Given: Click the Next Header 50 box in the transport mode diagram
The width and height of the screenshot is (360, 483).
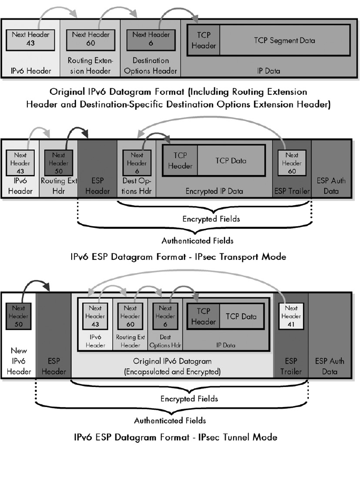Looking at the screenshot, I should pyautogui.click(x=58, y=163).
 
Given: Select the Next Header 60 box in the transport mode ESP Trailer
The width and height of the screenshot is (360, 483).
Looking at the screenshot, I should pyautogui.click(x=291, y=163).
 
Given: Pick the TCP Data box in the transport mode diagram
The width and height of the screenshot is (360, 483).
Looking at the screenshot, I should pyautogui.click(x=230, y=161).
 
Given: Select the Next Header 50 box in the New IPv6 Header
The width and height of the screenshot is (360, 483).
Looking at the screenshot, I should pyautogui.click(x=17, y=315).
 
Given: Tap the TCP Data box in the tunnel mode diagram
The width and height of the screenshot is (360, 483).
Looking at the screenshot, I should pyautogui.click(x=241, y=316).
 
